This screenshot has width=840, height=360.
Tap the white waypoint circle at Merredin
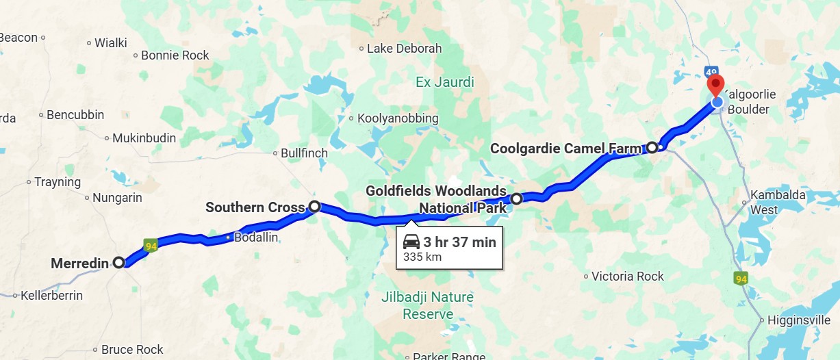(118, 262)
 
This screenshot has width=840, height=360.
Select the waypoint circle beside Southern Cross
(314, 206)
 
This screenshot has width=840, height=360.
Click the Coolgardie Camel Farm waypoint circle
(652, 147)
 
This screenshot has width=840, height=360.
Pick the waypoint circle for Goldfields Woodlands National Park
(516, 198)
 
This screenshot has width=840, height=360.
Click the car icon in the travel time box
(411, 242)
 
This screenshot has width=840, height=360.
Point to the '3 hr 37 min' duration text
(459, 242)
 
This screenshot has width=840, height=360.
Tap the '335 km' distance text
(422, 257)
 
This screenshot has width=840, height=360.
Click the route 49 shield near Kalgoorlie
(712, 71)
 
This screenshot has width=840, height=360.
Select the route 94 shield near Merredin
(151, 244)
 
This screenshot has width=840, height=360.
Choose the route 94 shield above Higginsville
(740, 279)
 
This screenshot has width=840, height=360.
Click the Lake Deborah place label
(404, 49)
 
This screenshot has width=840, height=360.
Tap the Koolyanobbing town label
(398, 118)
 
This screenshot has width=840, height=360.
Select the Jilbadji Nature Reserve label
(428, 306)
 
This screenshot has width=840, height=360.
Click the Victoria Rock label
(627, 277)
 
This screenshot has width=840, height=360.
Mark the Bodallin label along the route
(255, 237)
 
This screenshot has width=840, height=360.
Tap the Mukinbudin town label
(144, 138)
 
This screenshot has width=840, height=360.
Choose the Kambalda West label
(773, 202)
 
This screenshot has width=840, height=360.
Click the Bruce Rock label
(132, 350)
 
